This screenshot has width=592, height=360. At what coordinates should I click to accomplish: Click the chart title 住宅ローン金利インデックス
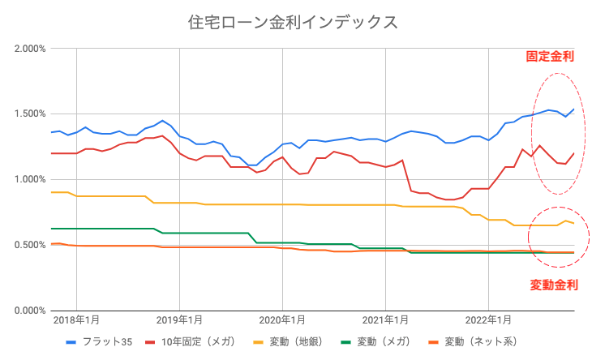[293, 20]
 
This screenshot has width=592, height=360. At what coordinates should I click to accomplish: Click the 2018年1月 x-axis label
[76, 321]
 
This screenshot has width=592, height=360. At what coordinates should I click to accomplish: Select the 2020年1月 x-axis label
[283, 321]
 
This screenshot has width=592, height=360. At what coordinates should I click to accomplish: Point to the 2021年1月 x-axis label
[386, 321]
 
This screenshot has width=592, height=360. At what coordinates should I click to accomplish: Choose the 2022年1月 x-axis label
[490, 321]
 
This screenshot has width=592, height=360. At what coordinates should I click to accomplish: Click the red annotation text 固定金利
[551, 57]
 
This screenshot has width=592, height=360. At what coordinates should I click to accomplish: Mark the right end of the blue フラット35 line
[574, 109]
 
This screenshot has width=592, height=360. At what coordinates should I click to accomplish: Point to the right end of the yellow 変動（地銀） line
[574, 223]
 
